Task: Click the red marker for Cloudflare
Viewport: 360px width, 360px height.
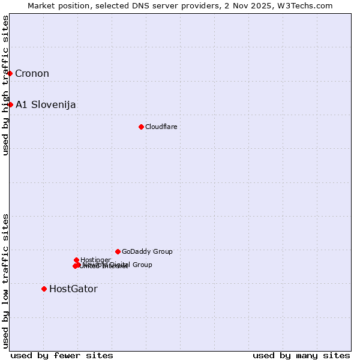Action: [141, 127]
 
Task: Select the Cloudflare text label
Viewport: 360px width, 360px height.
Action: [161, 127]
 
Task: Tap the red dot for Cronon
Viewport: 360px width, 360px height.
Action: [10, 73]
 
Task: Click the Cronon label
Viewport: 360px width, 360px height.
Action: [32, 74]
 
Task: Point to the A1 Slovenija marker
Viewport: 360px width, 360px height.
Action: [10, 104]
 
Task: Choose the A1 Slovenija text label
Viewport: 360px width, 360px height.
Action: [46, 105]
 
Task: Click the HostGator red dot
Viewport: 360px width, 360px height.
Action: [44, 289]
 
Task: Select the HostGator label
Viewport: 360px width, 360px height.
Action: [73, 289]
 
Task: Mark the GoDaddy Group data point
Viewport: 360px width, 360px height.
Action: [118, 251]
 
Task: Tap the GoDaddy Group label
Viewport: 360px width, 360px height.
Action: [147, 251]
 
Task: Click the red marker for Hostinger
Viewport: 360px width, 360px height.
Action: [76, 260]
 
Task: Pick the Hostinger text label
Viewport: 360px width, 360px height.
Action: [95, 260]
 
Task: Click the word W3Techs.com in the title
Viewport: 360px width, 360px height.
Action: [308, 6]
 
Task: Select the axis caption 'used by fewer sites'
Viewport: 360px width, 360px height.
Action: [62, 355]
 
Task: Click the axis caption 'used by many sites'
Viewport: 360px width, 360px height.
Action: [301, 355]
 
